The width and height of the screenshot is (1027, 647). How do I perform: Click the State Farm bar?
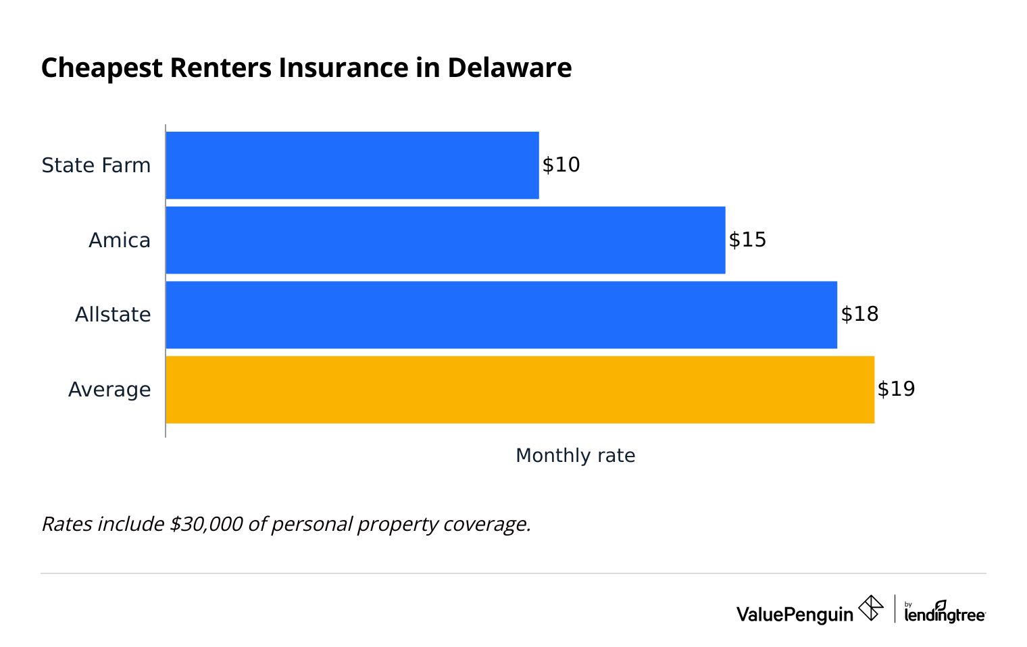352,165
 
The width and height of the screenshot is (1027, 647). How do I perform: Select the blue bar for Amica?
445,240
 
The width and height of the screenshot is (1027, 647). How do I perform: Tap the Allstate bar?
501,315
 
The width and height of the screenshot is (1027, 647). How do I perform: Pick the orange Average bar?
520,390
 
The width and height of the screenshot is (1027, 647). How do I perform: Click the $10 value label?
561,165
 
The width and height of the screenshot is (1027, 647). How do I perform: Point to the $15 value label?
747,240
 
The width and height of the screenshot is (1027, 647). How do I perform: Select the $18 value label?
859,314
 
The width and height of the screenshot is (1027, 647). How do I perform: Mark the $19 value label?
896,389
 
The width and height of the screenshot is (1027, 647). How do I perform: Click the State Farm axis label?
96,165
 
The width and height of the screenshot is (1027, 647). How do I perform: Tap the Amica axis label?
120,240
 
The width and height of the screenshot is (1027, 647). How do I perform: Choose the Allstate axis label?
113,315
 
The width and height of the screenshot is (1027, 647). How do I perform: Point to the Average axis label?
109,390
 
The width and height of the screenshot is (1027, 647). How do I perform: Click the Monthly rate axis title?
575,455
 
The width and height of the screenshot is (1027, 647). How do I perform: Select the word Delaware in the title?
509,68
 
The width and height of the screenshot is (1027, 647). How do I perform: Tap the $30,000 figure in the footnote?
206,524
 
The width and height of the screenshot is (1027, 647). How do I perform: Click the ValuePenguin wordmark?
795,614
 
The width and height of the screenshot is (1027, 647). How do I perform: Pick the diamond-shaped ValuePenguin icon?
870,608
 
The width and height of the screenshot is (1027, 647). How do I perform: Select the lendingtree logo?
945,612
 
